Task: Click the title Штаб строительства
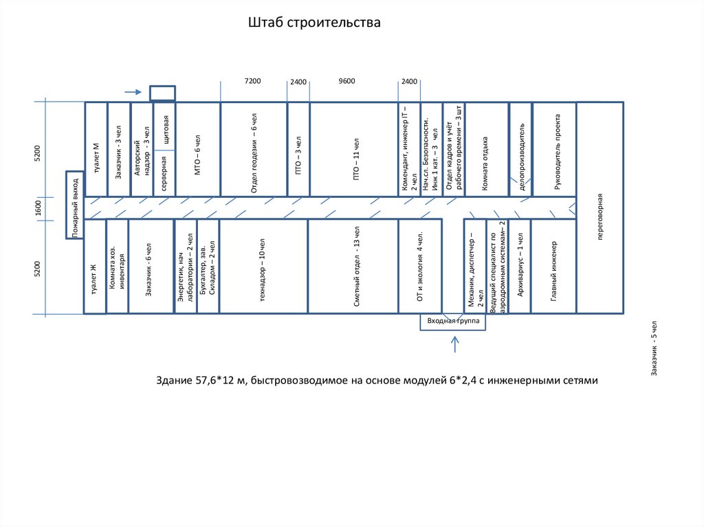click(314, 23)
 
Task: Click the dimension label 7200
click(253, 81)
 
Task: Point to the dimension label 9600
click(347, 81)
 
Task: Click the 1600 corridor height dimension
click(39, 208)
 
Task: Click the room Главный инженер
click(553, 267)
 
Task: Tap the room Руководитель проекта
click(553, 149)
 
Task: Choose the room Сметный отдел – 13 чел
click(353, 267)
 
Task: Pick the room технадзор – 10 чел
click(263, 267)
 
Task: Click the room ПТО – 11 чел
click(353, 149)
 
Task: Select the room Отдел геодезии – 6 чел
click(254, 149)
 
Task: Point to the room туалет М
click(96, 149)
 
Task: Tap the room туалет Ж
click(95, 267)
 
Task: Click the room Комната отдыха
click(486, 149)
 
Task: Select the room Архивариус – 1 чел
click(520, 267)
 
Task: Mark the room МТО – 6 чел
click(198, 149)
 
